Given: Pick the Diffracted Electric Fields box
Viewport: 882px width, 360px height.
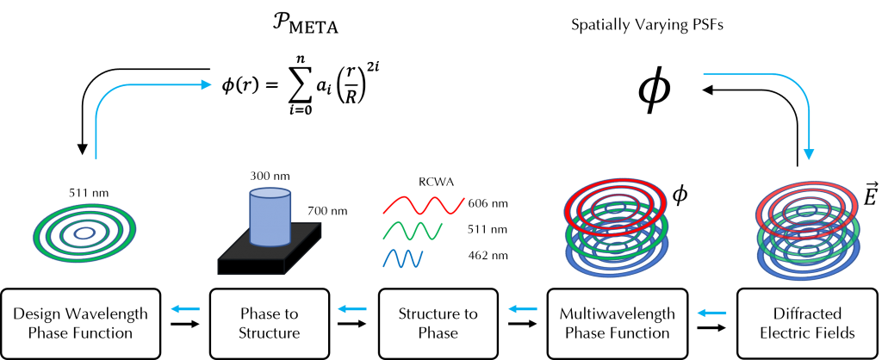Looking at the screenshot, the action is (x=809, y=324).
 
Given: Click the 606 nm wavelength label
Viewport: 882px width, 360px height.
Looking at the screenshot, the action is (x=488, y=203).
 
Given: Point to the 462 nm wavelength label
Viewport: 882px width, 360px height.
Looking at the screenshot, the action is (x=488, y=256).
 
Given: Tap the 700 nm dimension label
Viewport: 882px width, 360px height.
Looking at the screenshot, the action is (x=327, y=212).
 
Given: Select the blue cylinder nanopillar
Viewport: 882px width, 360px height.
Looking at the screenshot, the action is (x=270, y=216).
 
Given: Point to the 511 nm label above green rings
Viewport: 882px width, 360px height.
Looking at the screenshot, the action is (x=86, y=194).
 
